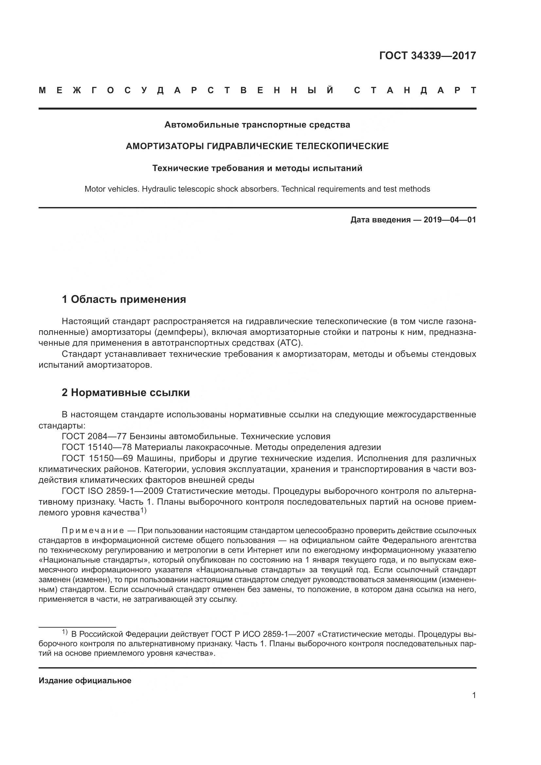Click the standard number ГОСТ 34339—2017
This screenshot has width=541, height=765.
pos(428,55)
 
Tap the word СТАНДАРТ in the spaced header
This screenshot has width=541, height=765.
pos(415,91)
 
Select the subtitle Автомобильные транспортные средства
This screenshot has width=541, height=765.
pos(257,125)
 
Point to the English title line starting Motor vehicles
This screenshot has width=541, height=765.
pos(257,189)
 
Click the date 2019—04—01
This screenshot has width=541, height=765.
pos(450,220)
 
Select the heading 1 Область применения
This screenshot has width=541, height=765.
pos(124,300)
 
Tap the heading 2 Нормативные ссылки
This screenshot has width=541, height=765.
pos(126,393)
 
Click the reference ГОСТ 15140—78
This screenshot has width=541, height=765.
pos(97,447)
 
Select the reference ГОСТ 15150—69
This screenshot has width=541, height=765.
pos(97,458)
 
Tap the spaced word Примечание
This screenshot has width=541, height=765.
pos(93,530)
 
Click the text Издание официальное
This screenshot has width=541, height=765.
pos(85,681)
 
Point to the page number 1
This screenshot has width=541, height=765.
pos(474,695)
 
